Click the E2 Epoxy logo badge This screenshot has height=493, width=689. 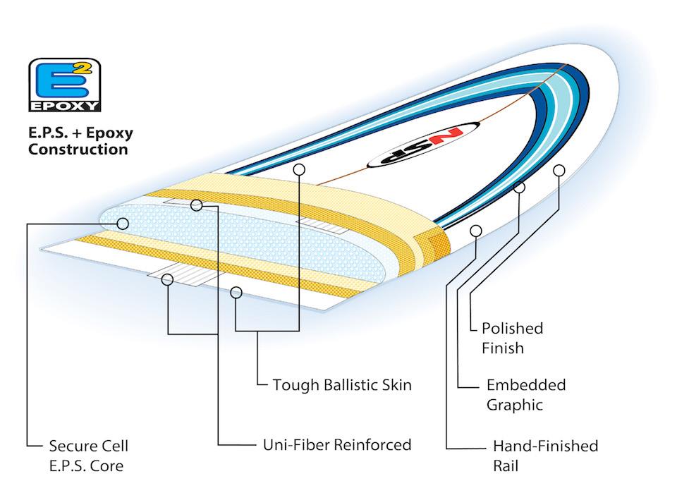[63, 85]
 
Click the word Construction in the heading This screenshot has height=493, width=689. [78, 149]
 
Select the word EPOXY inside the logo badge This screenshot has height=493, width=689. [63, 106]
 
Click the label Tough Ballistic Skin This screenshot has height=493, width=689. [342, 385]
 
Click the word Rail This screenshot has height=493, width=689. [506, 465]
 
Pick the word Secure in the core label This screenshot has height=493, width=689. [71, 446]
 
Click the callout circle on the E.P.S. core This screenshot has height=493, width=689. [123, 224]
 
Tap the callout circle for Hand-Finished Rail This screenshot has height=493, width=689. [476, 231]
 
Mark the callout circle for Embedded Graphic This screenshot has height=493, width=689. [520, 188]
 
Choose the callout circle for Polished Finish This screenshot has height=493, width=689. [560, 170]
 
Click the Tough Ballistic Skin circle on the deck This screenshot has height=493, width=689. [299, 169]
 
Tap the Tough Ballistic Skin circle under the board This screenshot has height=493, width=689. [237, 291]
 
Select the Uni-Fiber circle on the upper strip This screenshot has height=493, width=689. [197, 205]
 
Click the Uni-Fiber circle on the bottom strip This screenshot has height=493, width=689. [168, 279]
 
